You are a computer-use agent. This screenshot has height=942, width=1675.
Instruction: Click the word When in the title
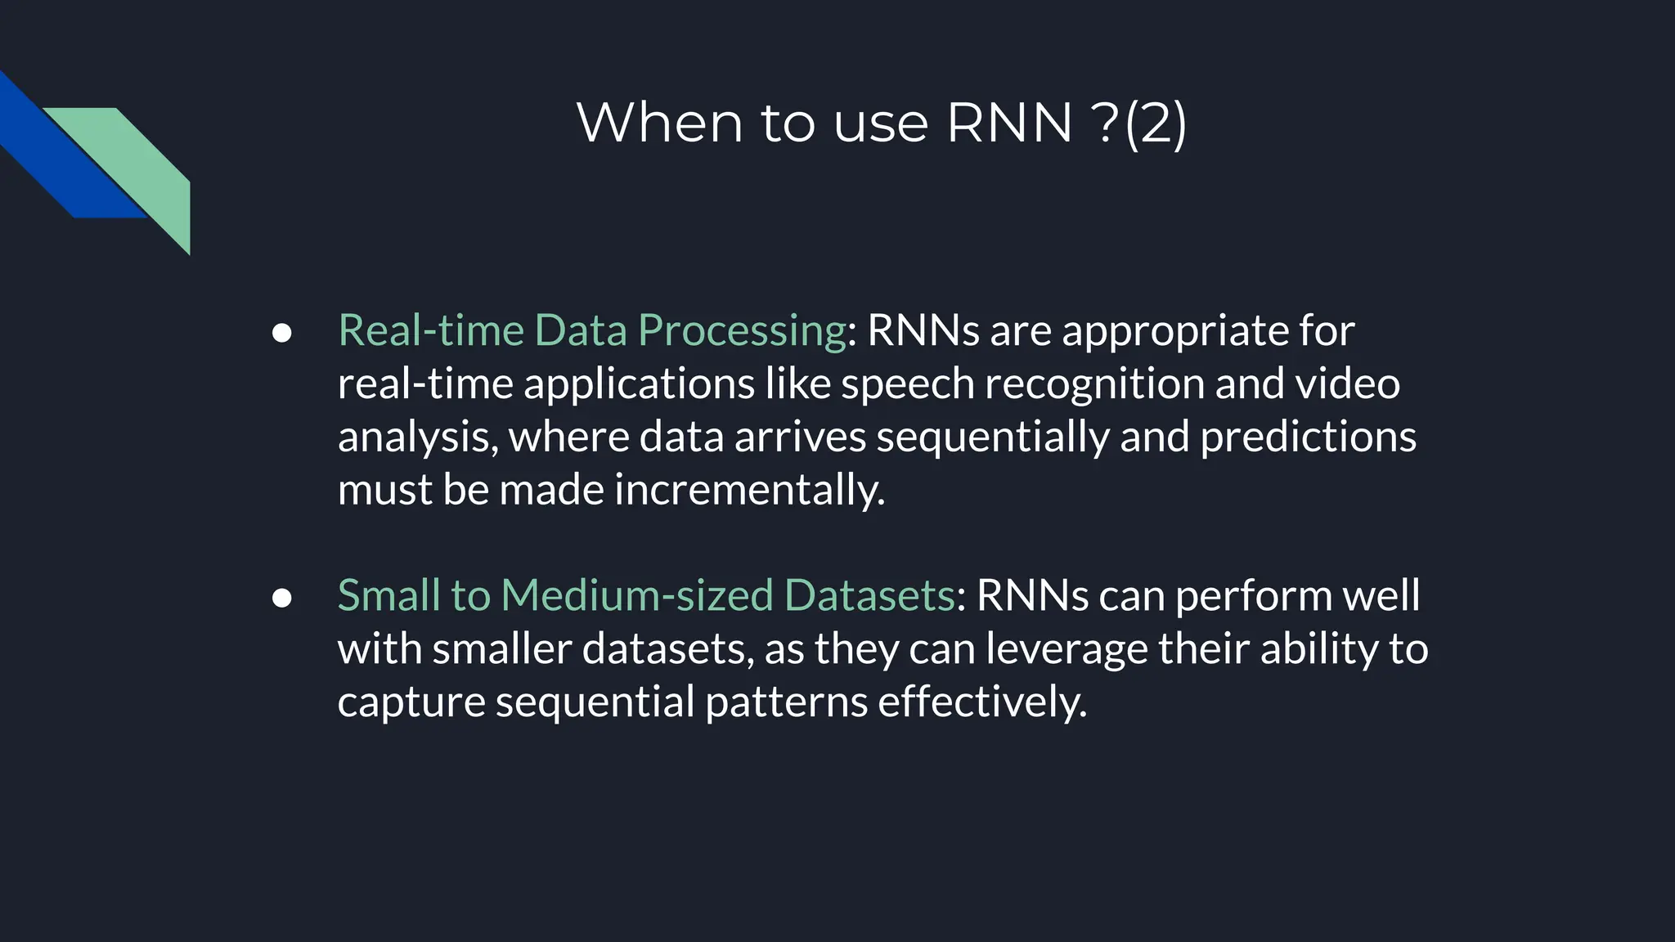(659, 123)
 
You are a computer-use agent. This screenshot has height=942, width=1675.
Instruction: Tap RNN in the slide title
(1008, 123)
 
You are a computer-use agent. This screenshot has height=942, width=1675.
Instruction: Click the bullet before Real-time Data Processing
(281, 332)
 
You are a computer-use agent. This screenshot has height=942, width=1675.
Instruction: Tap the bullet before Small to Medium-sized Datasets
(281, 598)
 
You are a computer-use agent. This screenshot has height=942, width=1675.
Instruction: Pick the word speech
(907, 384)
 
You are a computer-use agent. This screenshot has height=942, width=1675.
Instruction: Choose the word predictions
(1308, 437)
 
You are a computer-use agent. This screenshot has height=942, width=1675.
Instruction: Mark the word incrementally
(749, 491)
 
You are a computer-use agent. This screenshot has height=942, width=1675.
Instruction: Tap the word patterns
(786, 702)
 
